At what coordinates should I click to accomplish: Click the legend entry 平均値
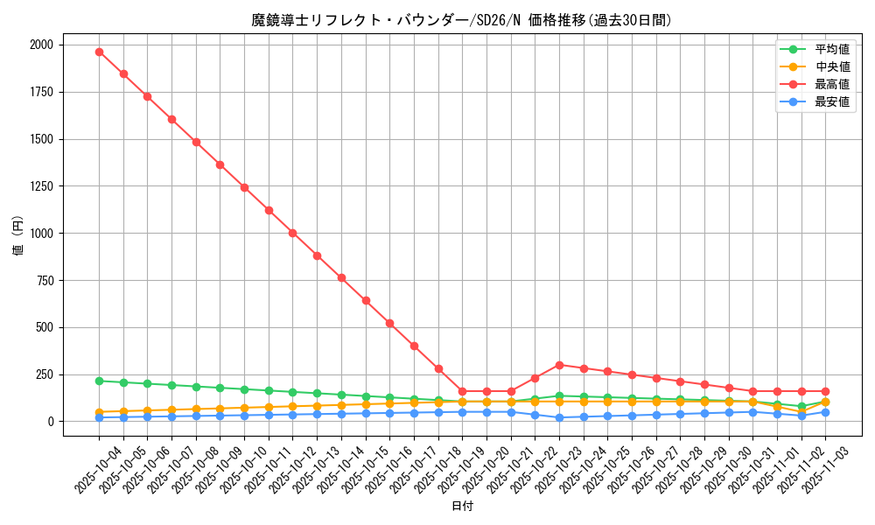point(832,49)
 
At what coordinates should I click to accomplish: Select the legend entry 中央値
point(832,66)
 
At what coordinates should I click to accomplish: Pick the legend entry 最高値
point(832,84)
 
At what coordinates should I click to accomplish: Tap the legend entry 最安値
point(832,101)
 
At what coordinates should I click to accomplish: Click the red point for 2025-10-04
point(99,52)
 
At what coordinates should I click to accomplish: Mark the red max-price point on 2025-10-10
point(244,187)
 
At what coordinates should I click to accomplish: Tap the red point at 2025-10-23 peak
point(559,365)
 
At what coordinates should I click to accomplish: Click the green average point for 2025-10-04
point(99,381)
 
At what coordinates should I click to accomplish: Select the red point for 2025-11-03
point(825,391)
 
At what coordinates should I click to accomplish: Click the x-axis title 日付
point(461,507)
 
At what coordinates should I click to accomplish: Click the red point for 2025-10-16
point(389,323)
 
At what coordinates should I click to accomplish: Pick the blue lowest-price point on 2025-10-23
point(559,417)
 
